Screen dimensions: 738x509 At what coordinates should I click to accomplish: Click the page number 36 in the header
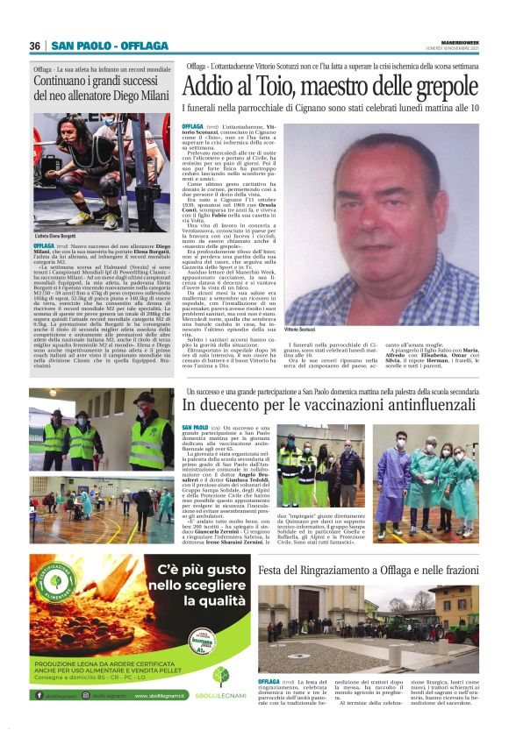[x=35, y=46]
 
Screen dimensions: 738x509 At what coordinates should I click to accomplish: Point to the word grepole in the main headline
[x=443, y=88]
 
